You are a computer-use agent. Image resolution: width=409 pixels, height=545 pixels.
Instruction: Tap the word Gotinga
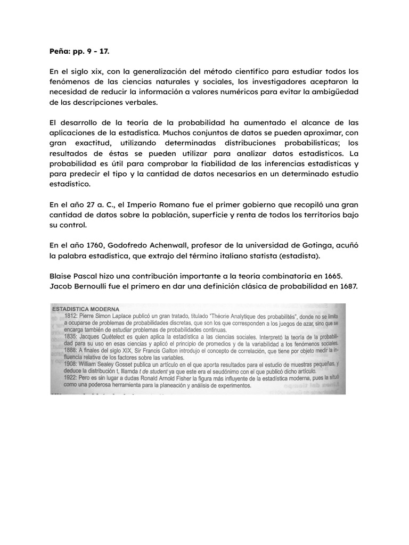[317, 246]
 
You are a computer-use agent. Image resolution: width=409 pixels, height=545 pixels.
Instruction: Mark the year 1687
[347, 287]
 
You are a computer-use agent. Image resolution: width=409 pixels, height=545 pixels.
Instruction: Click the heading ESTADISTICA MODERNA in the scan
[85, 308]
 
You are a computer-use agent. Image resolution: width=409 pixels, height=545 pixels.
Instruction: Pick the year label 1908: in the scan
[70, 364]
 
